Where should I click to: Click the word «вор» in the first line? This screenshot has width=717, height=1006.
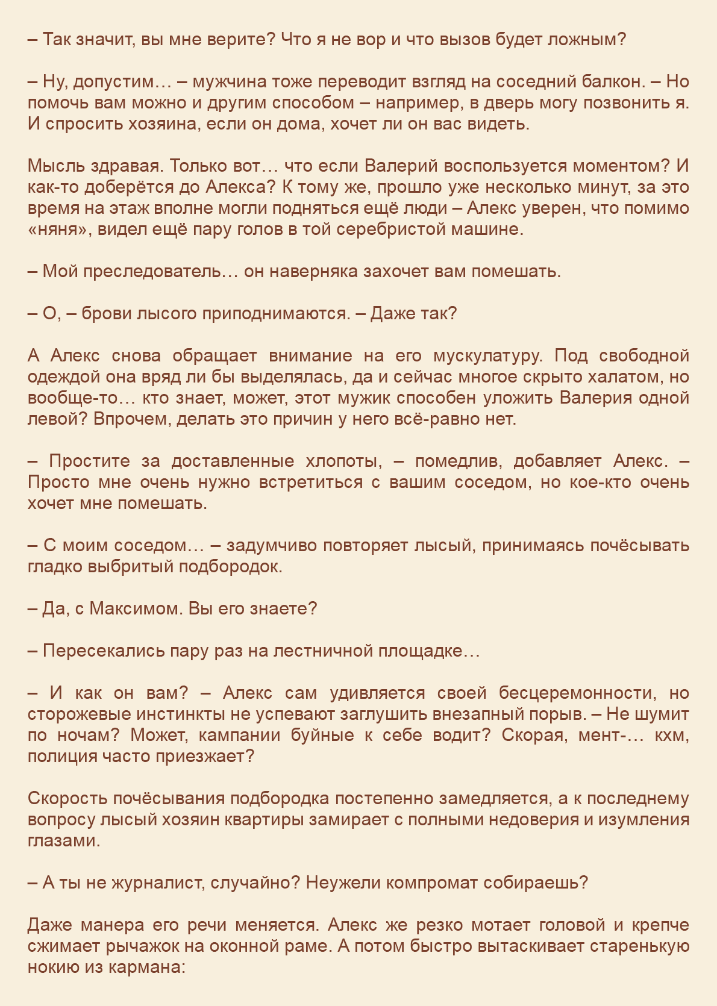[360, 40]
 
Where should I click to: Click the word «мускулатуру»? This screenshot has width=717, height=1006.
[489, 356]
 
